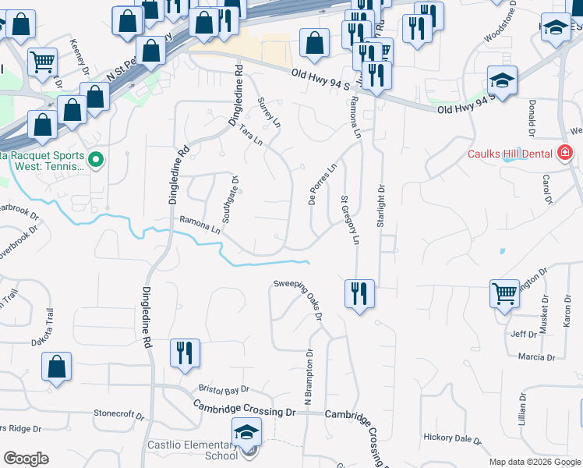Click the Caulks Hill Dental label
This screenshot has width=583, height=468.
coord(511,154)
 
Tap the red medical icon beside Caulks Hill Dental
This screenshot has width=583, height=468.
coord(565,154)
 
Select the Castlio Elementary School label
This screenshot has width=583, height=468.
coord(193,451)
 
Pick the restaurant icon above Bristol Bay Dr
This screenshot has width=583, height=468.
coord(185,353)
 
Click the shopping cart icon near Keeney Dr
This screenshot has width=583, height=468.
coord(42,61)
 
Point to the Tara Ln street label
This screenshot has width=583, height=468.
coord(252,134)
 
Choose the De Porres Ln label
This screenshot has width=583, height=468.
coord(322,180)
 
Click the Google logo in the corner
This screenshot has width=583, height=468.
coord(26,459)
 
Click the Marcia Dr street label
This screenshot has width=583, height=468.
coord(536,356)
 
